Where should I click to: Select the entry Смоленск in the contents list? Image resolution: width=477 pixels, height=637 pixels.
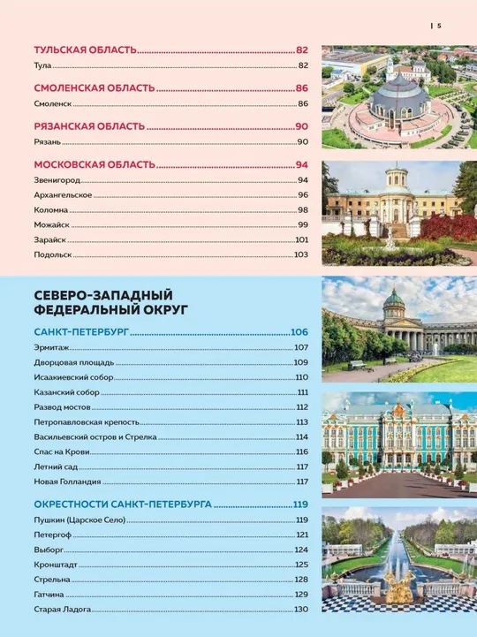pos(52,103)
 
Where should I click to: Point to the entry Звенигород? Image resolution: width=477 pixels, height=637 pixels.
pos(57,179)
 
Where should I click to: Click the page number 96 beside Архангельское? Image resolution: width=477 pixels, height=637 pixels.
pos(301,194)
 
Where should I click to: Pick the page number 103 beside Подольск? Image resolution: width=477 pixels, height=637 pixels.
pos(300,254)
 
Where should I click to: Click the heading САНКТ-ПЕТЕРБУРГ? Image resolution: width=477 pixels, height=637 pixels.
pos(82,332)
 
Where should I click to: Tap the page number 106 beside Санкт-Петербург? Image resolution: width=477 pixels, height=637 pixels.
pos(299,332)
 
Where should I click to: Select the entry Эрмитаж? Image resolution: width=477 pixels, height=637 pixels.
pos(51,347)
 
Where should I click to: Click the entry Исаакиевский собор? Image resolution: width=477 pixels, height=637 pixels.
pos(72,377)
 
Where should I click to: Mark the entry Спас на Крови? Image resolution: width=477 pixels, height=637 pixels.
pos(62,451)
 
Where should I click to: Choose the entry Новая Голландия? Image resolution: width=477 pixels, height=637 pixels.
pos(67,482)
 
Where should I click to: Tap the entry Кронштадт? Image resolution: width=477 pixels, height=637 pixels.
pos(57,565)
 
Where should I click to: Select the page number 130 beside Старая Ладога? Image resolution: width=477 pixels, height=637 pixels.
pos(300,610)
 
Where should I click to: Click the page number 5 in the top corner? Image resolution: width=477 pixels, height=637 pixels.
pos(439,26)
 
